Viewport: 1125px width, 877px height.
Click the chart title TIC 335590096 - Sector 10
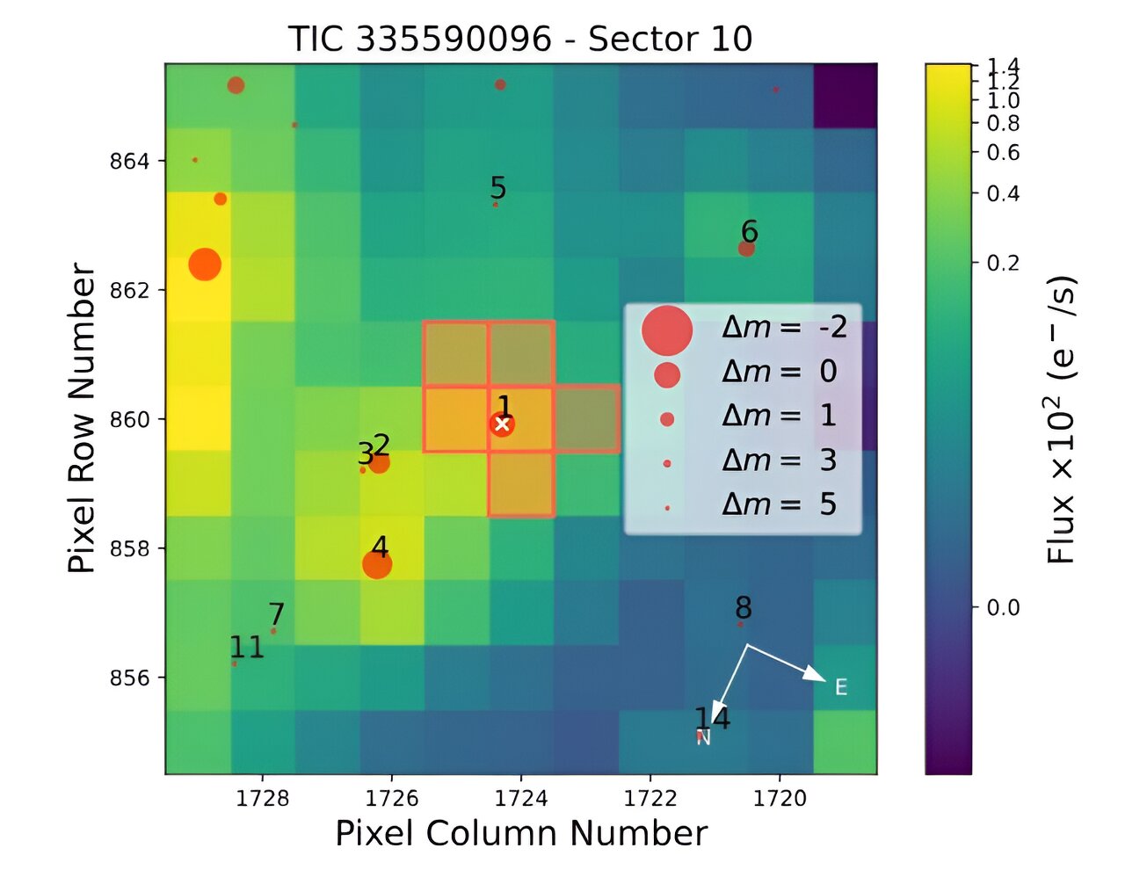pos(520,39)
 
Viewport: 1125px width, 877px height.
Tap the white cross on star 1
pos(503,424)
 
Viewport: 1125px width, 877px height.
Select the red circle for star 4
pos(377,565)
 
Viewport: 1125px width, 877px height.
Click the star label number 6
pos(749,232)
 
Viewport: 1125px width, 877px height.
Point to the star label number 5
pos(498,188)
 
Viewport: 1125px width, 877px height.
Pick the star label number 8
pos(744,608)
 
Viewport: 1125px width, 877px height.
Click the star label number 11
pos(247,648)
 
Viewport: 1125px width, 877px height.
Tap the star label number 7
pos(277,613)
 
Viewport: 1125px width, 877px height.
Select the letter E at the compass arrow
pos(841,687)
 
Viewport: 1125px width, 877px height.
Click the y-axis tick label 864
pos(129,162)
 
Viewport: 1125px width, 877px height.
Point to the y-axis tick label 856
pos(129,678)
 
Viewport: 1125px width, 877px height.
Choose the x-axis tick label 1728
pos(263,798)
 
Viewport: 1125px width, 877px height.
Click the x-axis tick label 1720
pos(780,798)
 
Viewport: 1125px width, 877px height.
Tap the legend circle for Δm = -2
pos(667,330)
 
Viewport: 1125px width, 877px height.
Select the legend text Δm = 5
pos(779,504)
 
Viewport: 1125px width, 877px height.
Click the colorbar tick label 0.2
pos(1002,263)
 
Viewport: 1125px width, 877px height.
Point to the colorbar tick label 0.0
pos(1002,607)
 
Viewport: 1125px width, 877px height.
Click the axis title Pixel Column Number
pos(521,833)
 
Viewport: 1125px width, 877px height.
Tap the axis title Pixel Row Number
pos(83,418)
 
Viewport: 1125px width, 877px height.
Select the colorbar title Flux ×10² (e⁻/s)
pos(1062,418)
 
